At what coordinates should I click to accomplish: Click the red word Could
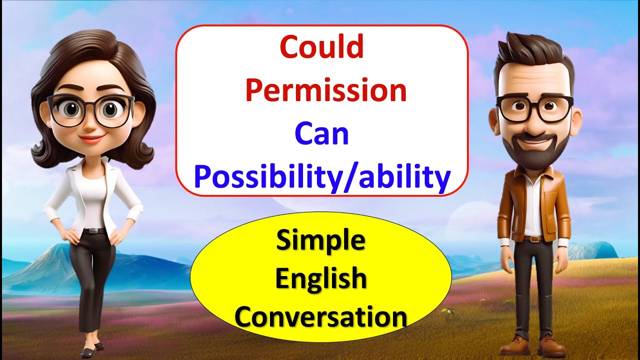coord(322,48)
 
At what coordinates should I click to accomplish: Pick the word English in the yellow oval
coord(321,279)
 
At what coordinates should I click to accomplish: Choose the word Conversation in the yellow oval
coord(321,317)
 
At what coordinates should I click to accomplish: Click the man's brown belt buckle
coord(535,239)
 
